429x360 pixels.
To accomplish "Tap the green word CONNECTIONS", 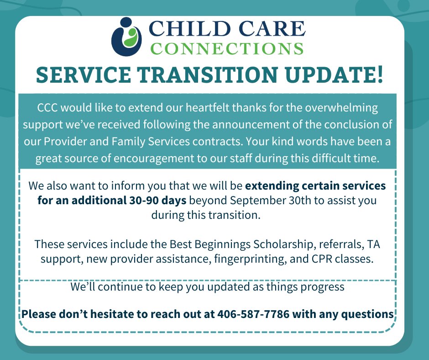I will pos(227,48).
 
